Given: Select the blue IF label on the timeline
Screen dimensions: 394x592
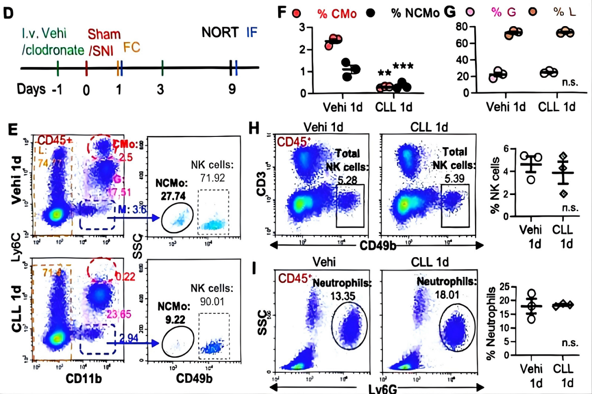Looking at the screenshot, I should coord(252,33).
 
